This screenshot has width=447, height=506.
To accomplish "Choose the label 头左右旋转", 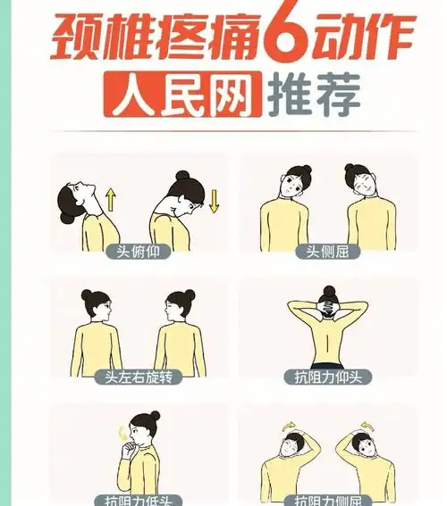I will [x=138, y=377].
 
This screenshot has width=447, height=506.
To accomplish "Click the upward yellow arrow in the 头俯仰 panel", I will [x=111, y=198].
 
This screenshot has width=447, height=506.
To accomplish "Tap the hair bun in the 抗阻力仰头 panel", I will [x=328, y=291].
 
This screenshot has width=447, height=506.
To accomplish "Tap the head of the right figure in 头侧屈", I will [x=362, y=183].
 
